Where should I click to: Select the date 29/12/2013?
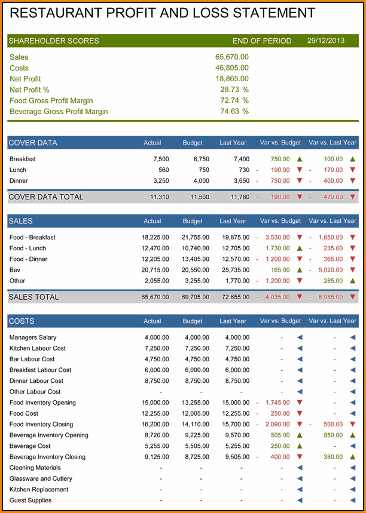point(325,41)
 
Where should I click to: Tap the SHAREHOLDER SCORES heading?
point(54,41)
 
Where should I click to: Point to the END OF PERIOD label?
point(262,41)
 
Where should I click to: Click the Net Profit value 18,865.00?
point(232,79)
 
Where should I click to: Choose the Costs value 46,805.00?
point(232,68)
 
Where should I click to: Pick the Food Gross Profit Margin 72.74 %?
point(234,100)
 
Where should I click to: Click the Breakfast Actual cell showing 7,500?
point(161,159)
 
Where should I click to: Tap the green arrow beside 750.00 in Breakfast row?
point(300,159)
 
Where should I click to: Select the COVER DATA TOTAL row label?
point(46,197)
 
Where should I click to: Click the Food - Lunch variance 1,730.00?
point(277,248)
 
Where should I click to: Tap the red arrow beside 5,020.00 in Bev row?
point(352,270)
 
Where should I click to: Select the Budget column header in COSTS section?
point(193,321)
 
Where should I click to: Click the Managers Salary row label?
point(33,337)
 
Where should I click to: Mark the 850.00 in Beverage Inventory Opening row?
point(333,435)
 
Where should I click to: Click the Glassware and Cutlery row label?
point(41,479)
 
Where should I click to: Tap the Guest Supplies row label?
point(30,500)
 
